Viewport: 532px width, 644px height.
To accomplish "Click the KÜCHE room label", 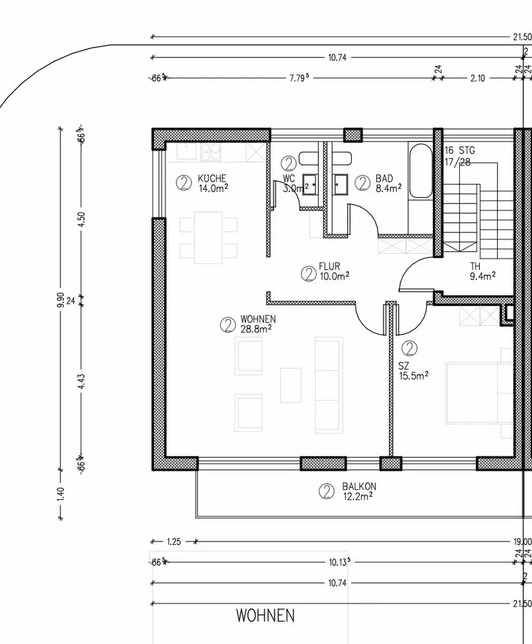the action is click(x=212, y=178).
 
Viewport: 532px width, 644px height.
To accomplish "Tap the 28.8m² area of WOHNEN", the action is click(x=256, y=328).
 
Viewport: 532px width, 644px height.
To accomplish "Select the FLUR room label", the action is click(x=330, y=266).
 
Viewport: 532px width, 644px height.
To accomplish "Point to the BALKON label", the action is click(x=359, y=486).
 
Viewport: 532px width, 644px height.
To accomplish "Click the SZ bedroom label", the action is click(x=403, y=366).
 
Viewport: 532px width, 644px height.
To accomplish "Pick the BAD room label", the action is click(x=384, y=178).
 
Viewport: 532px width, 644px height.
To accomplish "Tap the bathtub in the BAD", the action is click(x=421, y=171).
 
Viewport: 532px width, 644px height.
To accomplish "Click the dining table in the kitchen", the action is click(x=208, y=238).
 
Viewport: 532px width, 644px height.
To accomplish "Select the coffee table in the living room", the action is click(x=291, y=385).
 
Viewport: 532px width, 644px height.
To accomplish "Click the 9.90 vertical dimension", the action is click(x=61, y=299).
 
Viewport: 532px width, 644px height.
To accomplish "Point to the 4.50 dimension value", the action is click(x=81, y=220).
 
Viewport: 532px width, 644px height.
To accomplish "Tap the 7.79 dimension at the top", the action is click(x=299, y=78).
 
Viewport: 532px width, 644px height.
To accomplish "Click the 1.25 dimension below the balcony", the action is click(x=174, y=542).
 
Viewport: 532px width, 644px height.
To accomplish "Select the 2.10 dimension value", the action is click(x=477, y=78).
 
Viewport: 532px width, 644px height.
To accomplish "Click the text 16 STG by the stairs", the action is click(x=460, y=150).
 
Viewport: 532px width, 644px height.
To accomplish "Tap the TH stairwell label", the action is click(x=475, y=266).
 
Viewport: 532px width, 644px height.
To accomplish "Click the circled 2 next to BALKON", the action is click(x=327, y=491).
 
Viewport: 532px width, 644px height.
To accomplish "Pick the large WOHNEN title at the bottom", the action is click(x=265, y=615).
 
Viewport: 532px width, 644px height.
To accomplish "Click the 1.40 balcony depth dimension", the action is click(x=61, y=493).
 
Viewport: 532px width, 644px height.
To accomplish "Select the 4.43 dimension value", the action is click(x=81, y=381).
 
